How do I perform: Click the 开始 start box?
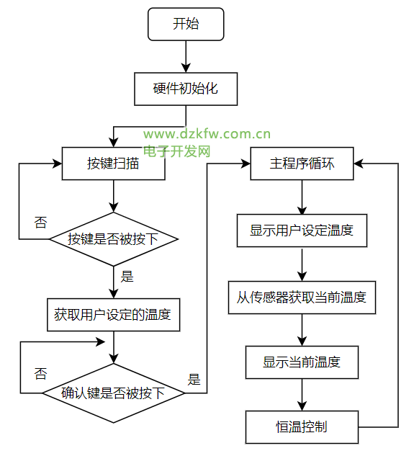[186, 24]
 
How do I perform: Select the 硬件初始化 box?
[186, 89]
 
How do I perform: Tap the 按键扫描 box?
[113, 164]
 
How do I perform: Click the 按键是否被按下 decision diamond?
[114, 239]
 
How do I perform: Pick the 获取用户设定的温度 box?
[113, 315]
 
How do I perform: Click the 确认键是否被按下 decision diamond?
[114, 393]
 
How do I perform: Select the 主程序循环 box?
[302, 164]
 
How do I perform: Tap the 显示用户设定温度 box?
[302, 231]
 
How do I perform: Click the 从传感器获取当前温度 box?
[302, 298]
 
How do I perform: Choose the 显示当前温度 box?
[302, 362]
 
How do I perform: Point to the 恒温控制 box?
[302, 427]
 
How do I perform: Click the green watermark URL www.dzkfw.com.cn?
[207, 134]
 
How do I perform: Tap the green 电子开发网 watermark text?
[177, 151]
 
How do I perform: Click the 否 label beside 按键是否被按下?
[40, 223]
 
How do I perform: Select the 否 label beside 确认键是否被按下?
[40, 374]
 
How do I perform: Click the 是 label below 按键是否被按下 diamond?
[127, 277]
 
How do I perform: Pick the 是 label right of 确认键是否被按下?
[194, 379]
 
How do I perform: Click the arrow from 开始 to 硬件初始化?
[186, 57]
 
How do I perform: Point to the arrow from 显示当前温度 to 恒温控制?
[302, 395]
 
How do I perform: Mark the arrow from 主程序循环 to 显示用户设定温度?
[302, 197]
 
